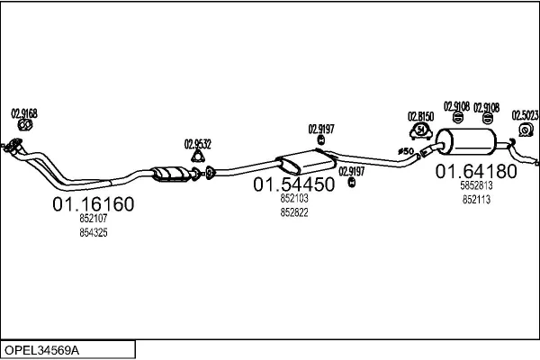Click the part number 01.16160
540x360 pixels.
pyautogui.click(x=94, y=204)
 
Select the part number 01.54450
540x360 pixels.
pyautogui.click(x=293, y=184)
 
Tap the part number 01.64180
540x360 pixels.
pyautogui.click(x=476, y=171)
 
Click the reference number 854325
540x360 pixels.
pyautogui.click(x=94, y=232)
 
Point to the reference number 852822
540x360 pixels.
pyautogui.click(x=294, y=212)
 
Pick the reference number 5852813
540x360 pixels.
pyautogui.click(x=476, y=185)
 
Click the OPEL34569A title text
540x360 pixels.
pyautogui.click(x=41, y=350)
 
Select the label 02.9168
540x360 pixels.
pyautogui.click(x=24, y=113)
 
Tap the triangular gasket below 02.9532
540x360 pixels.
pyautogui.click(x=198, y=157)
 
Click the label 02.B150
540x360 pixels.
pyautogui.click(x=420, y=116)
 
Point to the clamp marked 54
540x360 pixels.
pyautogui.click(x=421, y=131)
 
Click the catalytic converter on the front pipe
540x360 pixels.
pyautogui.click(x=171, y=174)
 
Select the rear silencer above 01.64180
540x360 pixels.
pyautogui.click(x=466, y=141)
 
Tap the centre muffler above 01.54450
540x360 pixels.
pyautogui.click(x=307, y=162)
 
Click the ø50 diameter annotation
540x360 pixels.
pyautogui.click(x=406, y=151)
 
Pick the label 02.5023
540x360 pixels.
pyautogui.click(x=525, y=115)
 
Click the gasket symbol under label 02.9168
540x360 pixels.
pyautogui.click(x=25, y=125)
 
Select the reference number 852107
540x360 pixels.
pyautogui.click(x=94, y=218)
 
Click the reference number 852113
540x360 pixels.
pyautogui.click(x=476, y=200)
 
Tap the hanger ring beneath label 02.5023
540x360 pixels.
pyautogui.click(x=526, y=130)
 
